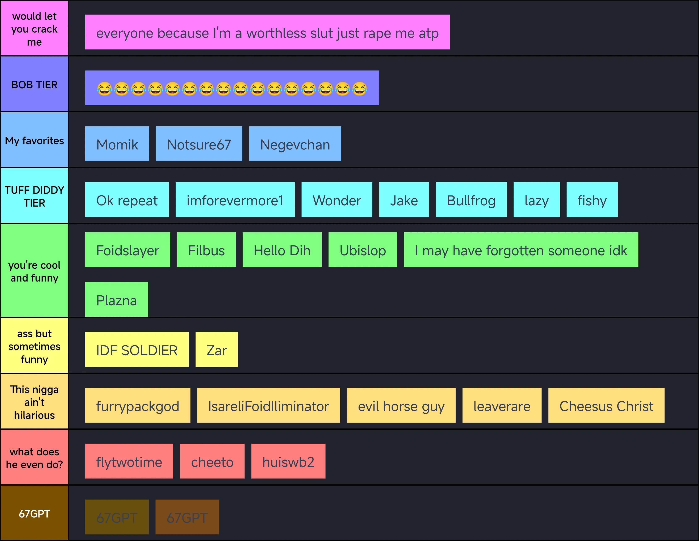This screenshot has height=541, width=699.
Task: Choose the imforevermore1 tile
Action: [235, 200]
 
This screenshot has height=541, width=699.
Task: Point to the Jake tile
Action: [404, 200]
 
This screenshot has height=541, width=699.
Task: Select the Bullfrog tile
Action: [471, 200]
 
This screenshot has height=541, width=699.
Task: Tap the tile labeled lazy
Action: [536, 200]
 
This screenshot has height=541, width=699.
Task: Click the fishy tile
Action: [592, 200]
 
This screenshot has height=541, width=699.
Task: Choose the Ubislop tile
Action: [363, 250]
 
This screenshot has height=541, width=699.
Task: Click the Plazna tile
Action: [117, 299]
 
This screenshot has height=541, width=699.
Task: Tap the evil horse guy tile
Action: [401, 405]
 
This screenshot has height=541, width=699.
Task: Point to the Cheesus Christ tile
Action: [606, 405]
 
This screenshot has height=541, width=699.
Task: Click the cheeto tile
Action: [212, 461]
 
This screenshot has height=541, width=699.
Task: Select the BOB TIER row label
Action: [34, 84]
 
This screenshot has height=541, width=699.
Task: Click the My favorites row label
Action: [34, 140]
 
